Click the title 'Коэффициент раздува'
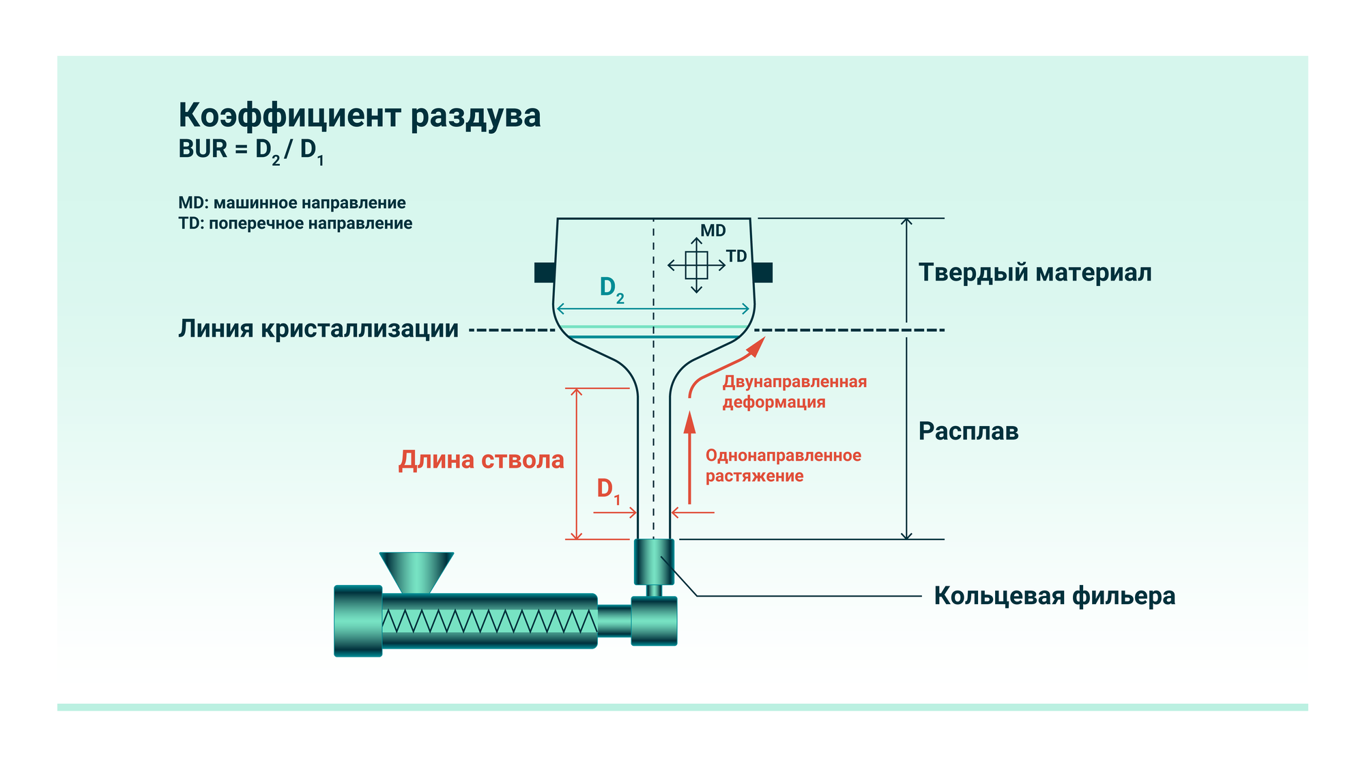359,115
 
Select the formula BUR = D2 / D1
250,150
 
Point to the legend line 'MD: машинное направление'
291,203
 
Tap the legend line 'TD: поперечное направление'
295,223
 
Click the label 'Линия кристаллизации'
318,329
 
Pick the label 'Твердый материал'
1035,272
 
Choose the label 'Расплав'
968,431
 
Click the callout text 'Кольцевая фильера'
1054,596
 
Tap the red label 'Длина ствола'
481,459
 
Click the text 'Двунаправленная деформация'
794,392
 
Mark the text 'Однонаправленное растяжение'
783,466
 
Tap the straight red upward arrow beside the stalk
689,457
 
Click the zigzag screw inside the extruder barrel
489,621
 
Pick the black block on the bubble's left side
544,272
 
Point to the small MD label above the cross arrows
713,231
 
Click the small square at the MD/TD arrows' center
696,265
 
